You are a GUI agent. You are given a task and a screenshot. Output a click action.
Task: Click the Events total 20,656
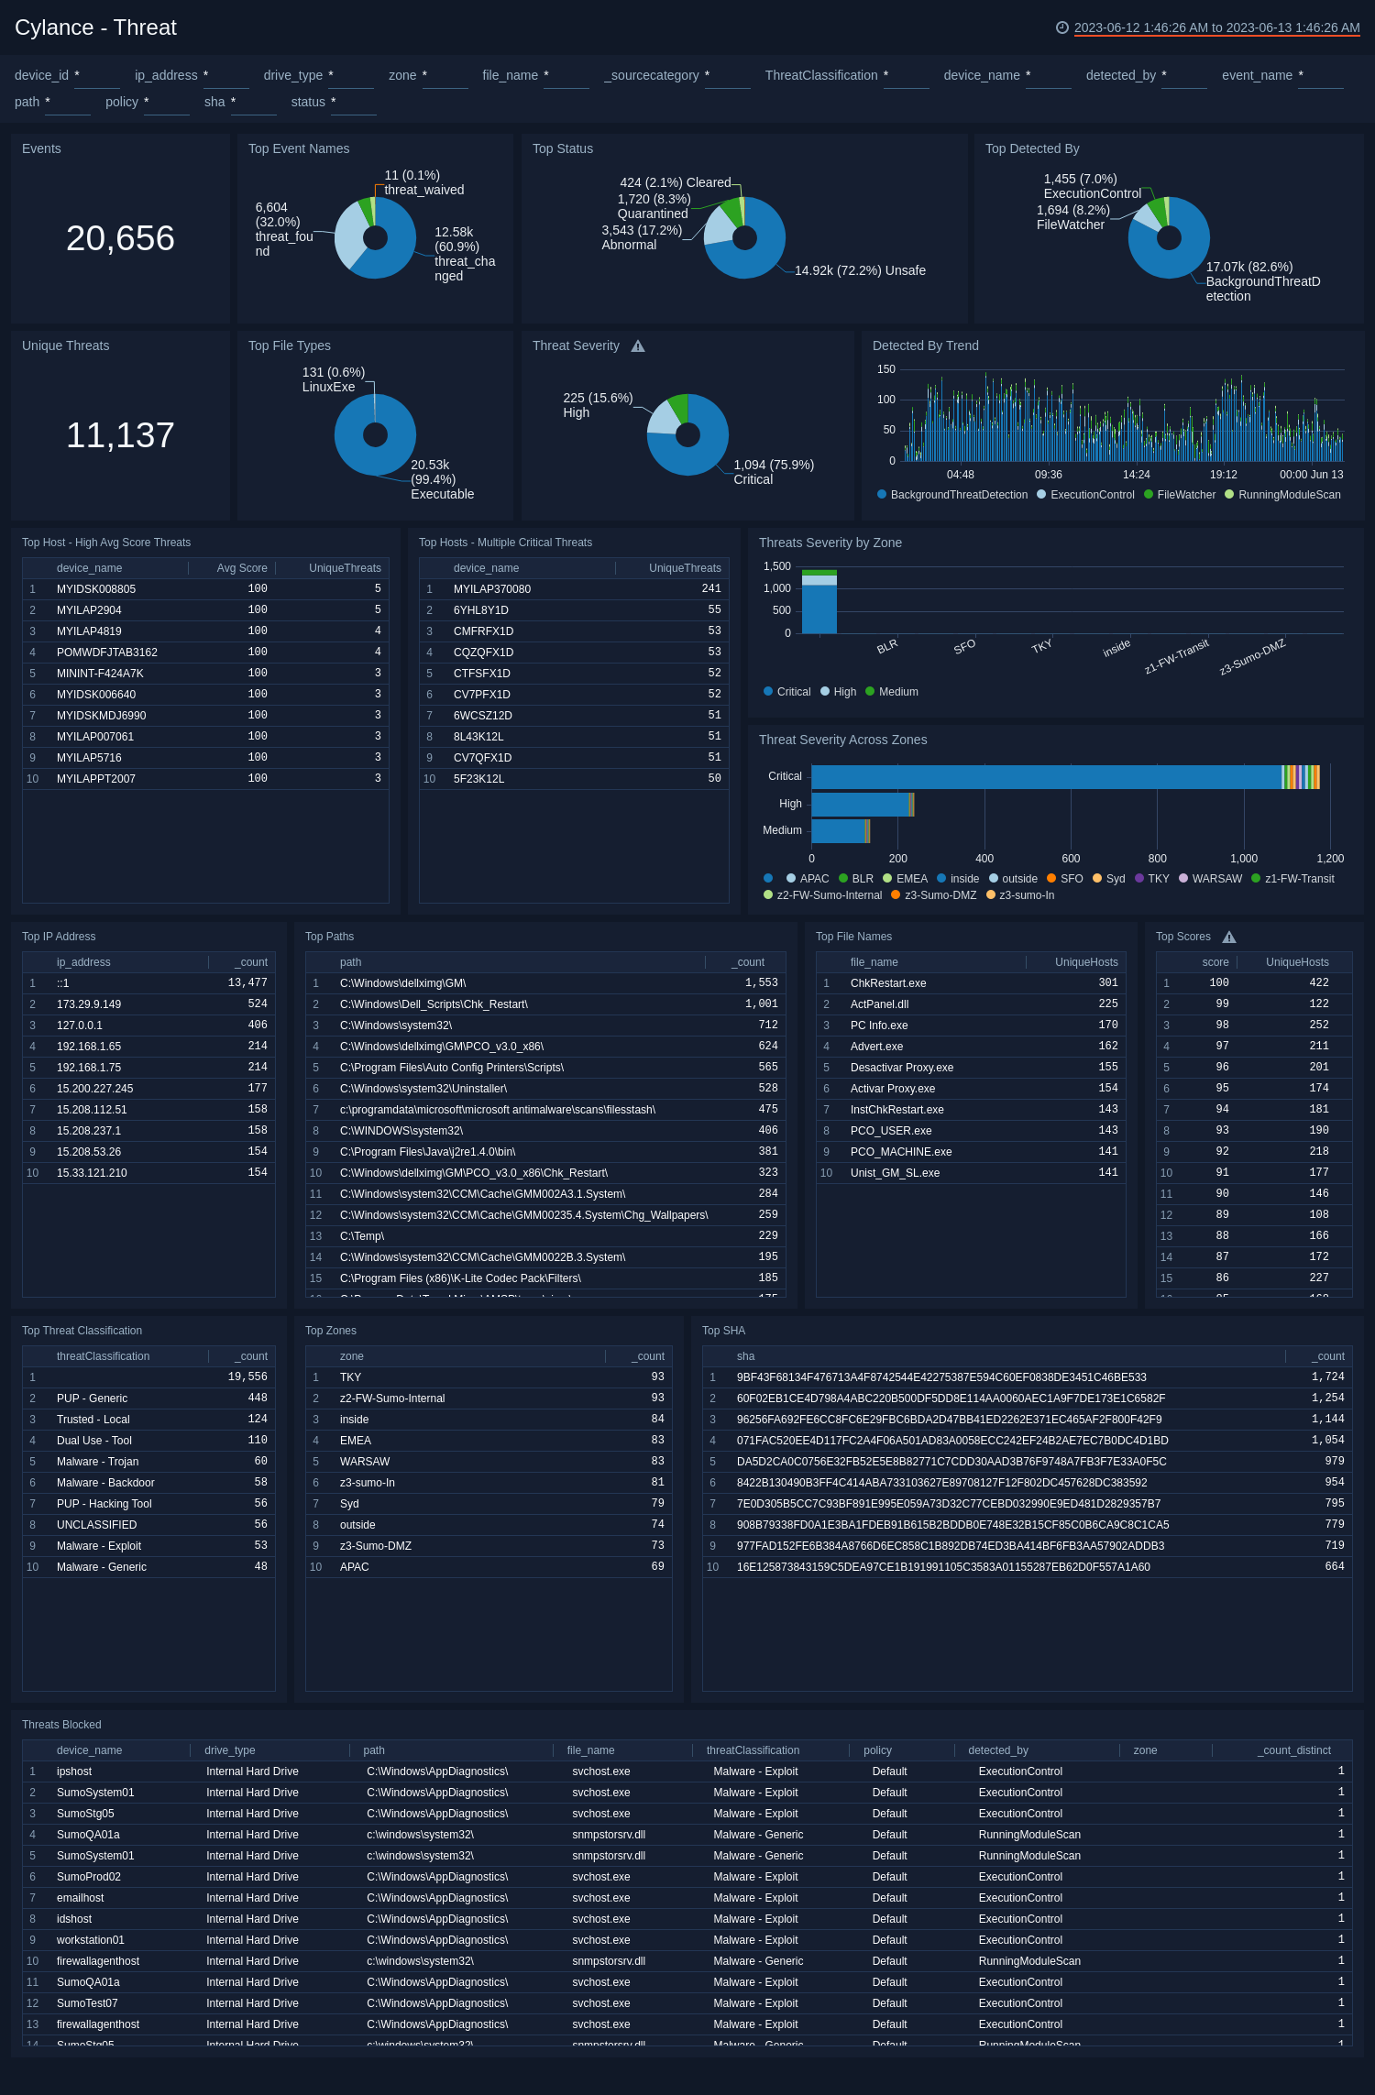120,238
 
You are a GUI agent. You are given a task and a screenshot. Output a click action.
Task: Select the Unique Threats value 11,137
120,435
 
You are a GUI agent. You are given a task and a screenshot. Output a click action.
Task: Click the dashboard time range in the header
1215,27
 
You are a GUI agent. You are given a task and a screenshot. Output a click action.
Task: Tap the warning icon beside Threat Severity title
638,346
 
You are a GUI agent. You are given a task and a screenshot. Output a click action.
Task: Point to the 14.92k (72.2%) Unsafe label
860,270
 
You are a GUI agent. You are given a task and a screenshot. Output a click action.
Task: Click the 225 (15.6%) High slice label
598,405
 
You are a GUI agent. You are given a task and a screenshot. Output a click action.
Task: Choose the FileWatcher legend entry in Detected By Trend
1185,495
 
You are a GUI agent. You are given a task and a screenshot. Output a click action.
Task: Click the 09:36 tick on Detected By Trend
1048,475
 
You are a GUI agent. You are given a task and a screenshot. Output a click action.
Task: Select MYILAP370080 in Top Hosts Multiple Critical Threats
491,589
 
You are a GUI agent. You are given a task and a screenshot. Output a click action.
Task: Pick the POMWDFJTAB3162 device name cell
106,653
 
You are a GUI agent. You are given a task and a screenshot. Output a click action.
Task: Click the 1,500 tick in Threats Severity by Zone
776,566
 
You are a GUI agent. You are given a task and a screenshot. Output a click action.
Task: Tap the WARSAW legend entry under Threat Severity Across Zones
1216,879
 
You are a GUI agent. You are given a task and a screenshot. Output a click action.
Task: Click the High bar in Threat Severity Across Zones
862,804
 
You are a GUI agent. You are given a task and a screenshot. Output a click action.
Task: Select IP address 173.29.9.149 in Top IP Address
89,1004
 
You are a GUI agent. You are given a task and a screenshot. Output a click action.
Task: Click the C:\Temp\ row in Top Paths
362,1236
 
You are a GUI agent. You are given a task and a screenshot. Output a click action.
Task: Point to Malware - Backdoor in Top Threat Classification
105,1483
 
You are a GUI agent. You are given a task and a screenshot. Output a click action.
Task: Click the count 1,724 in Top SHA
1327,1377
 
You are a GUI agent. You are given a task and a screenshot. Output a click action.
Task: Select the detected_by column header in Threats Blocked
997,1750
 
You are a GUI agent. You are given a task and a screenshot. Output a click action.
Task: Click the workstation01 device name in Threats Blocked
90,1940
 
